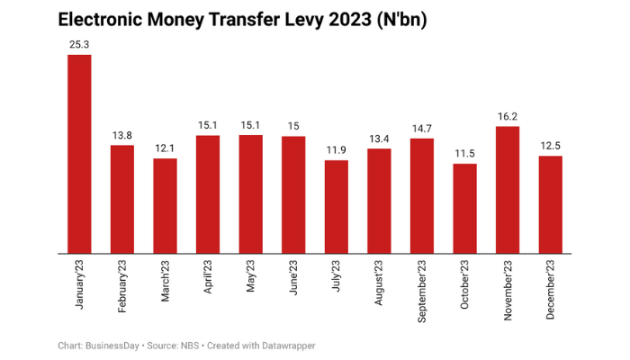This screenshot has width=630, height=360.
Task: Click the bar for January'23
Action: tap(79, 154)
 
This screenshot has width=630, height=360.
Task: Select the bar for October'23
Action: tap(464, 208)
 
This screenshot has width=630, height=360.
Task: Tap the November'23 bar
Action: tap(508, 189)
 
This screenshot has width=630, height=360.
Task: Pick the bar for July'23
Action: tap(337, 206)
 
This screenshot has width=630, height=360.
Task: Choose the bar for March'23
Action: tap(165, 205)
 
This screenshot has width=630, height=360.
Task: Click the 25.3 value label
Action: tap(79, 42)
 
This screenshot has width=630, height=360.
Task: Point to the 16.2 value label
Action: tap(508, 114)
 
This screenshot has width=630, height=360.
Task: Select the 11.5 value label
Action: tap(464, 152)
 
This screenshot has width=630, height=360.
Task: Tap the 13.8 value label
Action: tap(122, 133)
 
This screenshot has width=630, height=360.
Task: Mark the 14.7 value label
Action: tap(422, 127)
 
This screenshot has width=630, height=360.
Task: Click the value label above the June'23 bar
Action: tap(293, 124)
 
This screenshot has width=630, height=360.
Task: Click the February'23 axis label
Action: tap(122, 286)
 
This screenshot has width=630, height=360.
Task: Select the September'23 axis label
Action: tap(422, 290)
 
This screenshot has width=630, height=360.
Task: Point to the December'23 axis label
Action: tap(551, 288)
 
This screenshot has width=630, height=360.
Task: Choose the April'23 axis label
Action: tap(208, 279)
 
